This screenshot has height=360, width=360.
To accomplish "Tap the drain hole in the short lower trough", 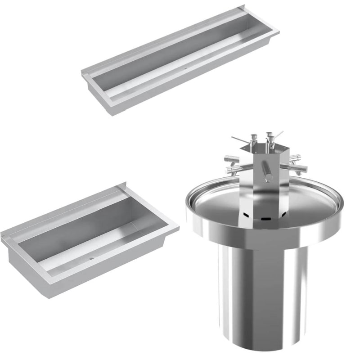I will tap(92, 259).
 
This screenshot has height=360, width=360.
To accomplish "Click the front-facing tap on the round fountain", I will tap(267, 171).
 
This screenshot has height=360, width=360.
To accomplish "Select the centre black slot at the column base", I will tap(266, 219).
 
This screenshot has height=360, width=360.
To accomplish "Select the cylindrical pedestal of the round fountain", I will tap(261, 292).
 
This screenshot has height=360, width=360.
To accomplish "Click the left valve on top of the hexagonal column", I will tap(254, 139).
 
